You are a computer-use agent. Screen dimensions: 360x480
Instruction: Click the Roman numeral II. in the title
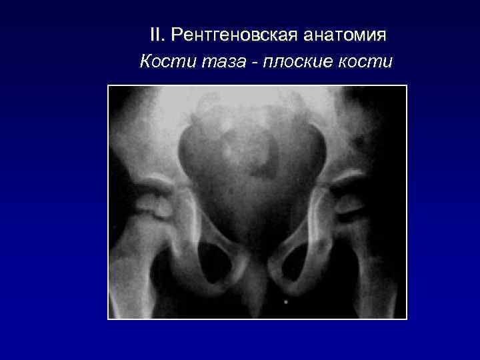[157, 34]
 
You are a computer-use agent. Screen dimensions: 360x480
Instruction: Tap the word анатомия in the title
[344, 34]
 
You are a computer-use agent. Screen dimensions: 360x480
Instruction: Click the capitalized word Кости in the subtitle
[159, 62]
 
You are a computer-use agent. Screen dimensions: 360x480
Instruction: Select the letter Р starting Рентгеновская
[177, 34]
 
